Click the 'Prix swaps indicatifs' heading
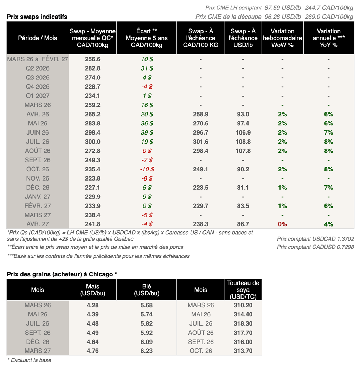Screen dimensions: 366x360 click(x=37, y=17)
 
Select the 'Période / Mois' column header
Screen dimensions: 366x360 click(x=38, y=38)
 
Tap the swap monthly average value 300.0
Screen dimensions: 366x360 click(x=93, y=142)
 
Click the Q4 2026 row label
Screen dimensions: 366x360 click(x=38, y=87)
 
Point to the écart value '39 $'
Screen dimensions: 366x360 click(x=147, y=133)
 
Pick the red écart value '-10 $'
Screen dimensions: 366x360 click(x=147, y=169)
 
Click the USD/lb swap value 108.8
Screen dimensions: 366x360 click(x=243, y=142)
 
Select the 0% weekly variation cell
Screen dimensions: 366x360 click(x=282, y=224)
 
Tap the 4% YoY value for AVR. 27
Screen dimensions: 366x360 click(x=328, y=224)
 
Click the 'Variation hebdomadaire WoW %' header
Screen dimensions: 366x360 click(x=282, y=38)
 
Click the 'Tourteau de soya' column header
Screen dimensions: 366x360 click(x=243, y=290)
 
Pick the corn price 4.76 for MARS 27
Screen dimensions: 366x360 click(x=93, y=351)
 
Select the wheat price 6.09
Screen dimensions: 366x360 click(x=147, y=342)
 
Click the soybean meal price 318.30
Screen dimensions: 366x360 click(x=243, y=323)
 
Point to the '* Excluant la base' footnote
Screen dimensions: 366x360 click(x=29, y=360)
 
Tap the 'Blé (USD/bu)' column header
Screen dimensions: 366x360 click(x=147, y=290)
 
